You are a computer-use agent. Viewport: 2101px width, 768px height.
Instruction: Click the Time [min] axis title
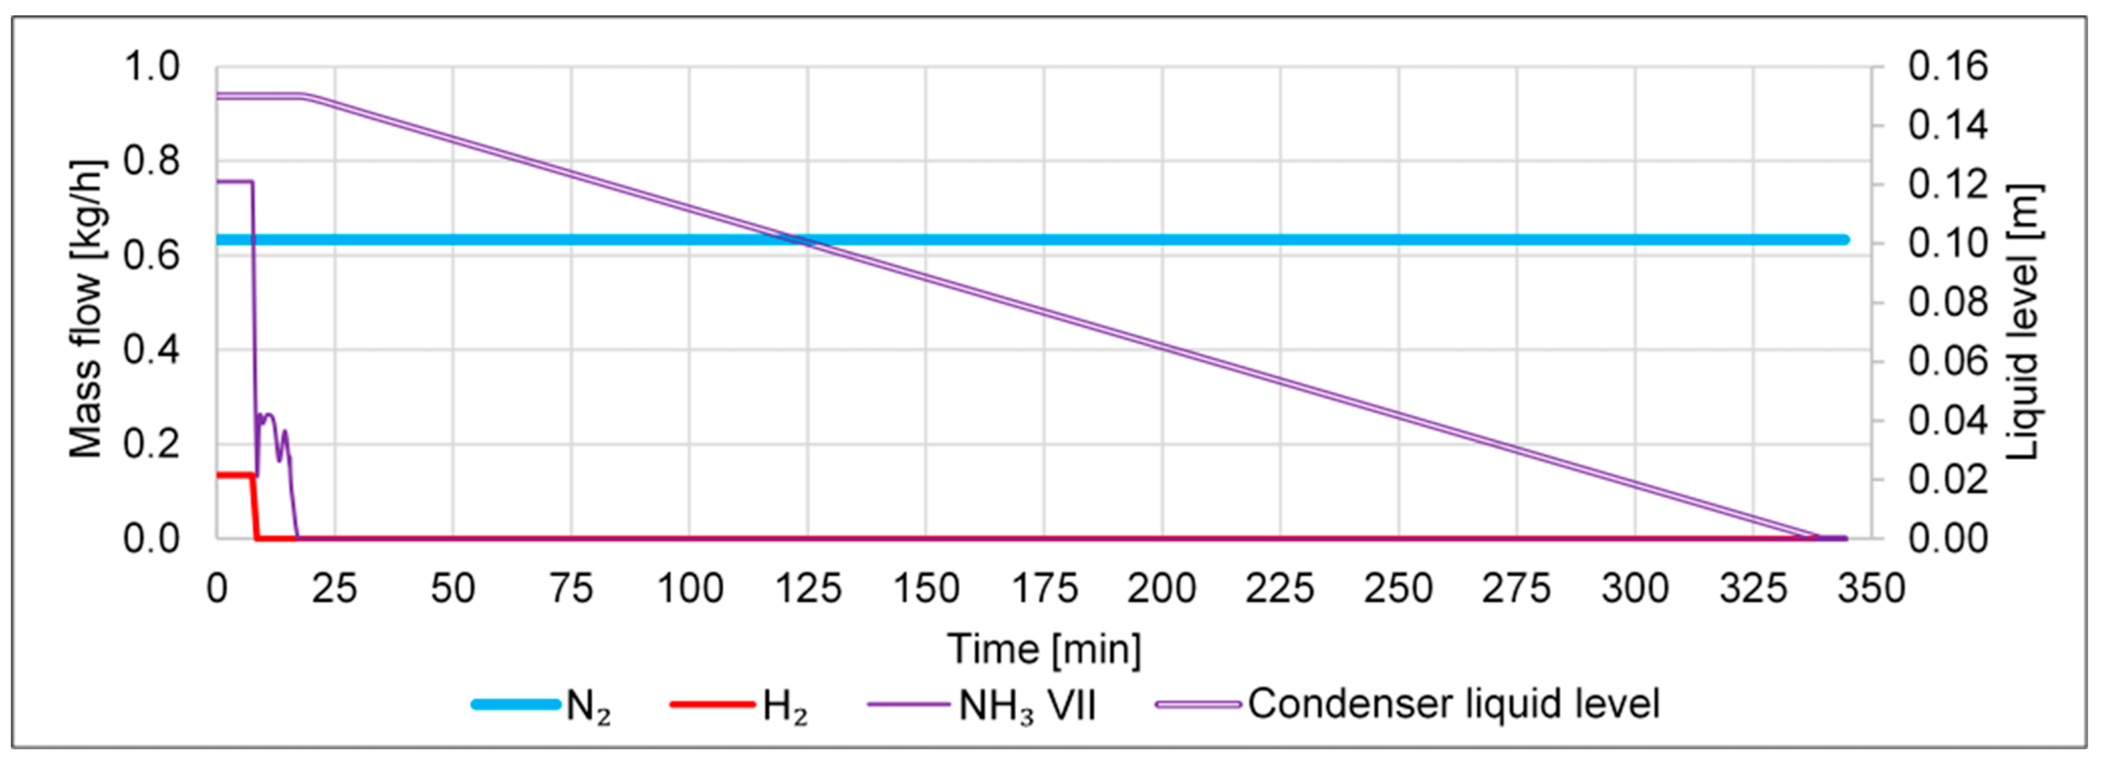point(1044,650)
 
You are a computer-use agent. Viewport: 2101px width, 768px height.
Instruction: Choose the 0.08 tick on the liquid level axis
point(1948,302)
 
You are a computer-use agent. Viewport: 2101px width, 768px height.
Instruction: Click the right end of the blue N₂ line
point(1845,240)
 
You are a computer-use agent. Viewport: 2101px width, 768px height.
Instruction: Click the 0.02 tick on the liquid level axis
point(1948,479)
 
